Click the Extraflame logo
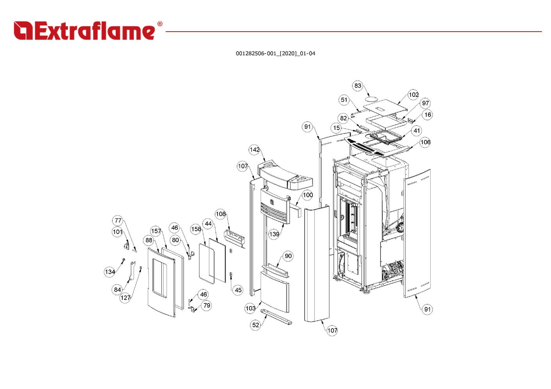[x=84, y=31]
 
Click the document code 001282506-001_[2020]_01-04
[x=275, y=54]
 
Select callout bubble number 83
[x=358, y=86]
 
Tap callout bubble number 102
[x=413, y=95]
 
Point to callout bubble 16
[x=428, y=115]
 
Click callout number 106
[x=425, y=142]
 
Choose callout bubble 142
[x=254, y=150]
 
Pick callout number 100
[x=308, y=195]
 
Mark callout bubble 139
[x=274, y=234]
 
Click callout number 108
[x=221, y=214]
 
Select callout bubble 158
[x=196, y=229]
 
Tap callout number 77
[x=118, y=221]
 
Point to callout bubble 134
[x=110, y=272]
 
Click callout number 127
[x=125, y=298]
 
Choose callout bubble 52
[x=256, y=325]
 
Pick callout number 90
[x=288, y=256]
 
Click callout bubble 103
[x=250, y=308]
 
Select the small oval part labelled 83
[x=372, y=98]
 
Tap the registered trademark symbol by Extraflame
[x=159, y=24]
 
